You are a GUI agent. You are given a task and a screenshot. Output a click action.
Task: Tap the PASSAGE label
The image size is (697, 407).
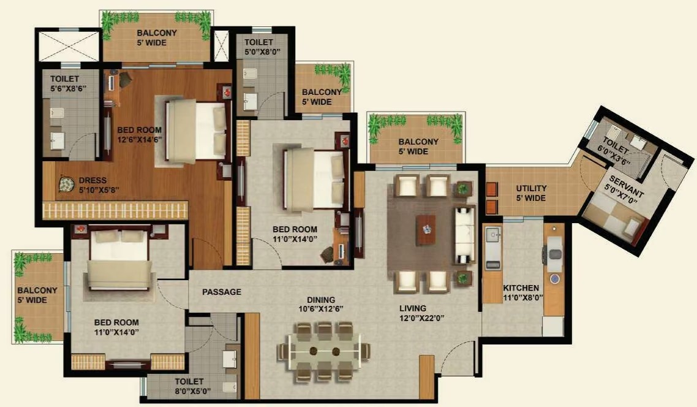pos(222,292)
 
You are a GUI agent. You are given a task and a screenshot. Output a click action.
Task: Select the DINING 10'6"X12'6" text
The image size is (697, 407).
pos(321,304)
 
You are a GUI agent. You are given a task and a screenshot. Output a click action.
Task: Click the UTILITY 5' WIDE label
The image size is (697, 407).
pos(531,193)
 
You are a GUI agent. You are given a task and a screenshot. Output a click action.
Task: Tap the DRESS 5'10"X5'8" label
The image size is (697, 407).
pos(98,185)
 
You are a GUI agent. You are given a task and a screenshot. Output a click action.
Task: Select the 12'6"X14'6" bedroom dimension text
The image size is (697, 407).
pos(139,139)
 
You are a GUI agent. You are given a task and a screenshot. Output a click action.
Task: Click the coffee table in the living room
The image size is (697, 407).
pos(426,229)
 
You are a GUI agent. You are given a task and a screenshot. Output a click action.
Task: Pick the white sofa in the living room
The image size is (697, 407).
pos(464,234)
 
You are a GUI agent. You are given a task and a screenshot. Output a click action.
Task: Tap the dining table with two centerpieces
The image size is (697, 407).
pos(325,351)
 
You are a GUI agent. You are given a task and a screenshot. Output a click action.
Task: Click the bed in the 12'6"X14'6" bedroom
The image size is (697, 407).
pos(195,131)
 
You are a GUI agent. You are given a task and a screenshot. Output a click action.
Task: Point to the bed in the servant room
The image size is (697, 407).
pos(614,219)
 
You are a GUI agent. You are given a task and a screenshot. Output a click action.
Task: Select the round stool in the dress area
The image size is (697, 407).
pos(66,184)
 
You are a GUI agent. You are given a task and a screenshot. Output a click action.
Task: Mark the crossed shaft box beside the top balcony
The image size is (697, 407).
pos(220,46)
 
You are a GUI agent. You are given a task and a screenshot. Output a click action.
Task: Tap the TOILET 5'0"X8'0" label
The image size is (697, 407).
pos(262,47)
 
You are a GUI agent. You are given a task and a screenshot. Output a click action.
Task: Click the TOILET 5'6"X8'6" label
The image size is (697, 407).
pos(68,83)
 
